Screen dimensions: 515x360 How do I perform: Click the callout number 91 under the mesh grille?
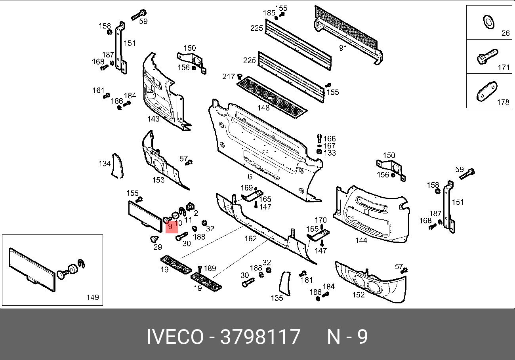point(343,48)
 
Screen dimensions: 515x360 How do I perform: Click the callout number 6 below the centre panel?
point(250,177)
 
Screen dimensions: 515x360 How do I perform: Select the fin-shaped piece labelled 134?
point(117,166)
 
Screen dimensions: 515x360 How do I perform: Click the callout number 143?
point(153,119)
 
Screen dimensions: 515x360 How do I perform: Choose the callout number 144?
point(361,240)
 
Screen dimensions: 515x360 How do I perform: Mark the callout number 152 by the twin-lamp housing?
point(358,295)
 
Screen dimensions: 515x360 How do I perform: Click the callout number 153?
point(158,180)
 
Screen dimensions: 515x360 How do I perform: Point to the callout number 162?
point(251,239)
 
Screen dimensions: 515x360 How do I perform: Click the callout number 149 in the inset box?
point(92,297)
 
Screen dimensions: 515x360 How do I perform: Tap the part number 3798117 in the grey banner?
point(260,337)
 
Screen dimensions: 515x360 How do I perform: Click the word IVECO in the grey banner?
point(175,337)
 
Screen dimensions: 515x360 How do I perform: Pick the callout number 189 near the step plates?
point(210,269)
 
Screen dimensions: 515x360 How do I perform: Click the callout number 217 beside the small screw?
point(229,76)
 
